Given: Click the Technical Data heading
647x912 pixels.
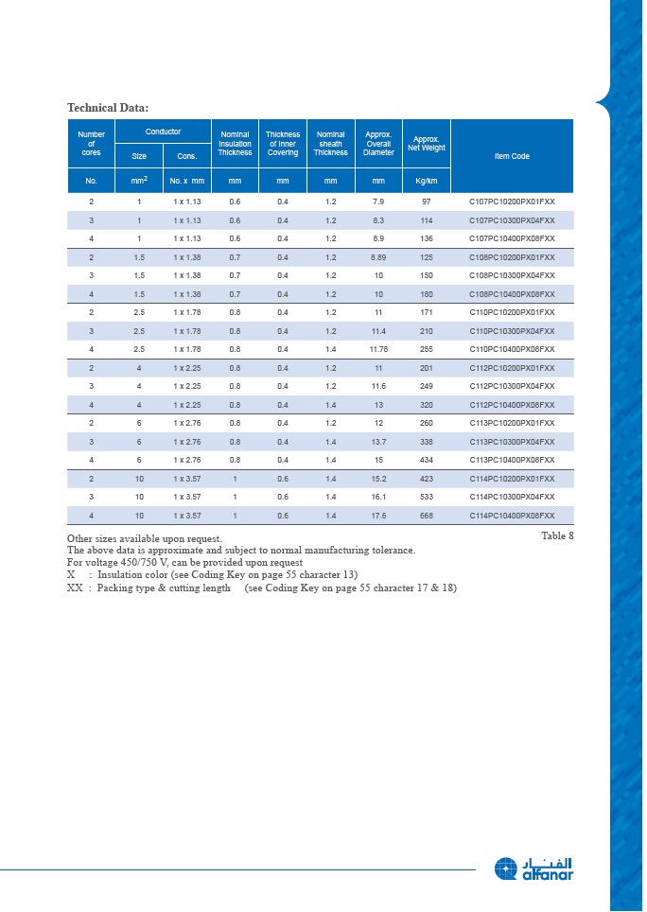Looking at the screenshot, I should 108,107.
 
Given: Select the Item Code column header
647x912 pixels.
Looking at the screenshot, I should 512,156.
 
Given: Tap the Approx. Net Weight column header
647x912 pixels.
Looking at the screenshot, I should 426,144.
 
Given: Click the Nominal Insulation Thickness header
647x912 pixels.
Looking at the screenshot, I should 235,144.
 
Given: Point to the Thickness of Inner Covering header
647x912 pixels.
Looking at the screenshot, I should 282,144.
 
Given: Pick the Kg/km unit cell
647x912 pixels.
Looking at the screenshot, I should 426,180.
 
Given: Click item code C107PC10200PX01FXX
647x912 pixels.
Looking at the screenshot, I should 512,202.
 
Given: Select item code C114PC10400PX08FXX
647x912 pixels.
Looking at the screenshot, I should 512,516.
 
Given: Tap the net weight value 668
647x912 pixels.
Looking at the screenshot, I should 426,516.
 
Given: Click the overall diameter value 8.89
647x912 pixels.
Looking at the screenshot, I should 378,257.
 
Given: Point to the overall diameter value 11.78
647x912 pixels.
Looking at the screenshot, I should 378,349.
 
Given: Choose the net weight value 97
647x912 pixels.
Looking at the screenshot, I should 426,202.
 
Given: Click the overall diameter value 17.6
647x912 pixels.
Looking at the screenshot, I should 378,516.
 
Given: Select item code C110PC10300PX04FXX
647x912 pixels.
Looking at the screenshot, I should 512,331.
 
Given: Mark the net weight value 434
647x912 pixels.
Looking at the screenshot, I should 426,460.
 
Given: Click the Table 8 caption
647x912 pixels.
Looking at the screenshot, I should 557,535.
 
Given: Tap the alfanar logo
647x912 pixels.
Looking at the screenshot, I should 533,868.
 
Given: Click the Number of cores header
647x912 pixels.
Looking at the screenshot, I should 91,144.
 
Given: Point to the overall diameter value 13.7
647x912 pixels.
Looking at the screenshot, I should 378,442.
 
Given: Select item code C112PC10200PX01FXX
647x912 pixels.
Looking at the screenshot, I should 512,368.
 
